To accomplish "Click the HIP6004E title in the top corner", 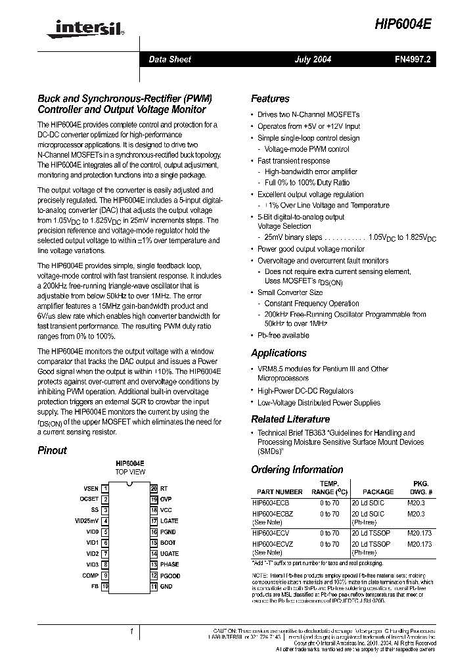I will pos(404,24).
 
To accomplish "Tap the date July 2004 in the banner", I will pos(312,59).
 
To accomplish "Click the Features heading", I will pos(270,99).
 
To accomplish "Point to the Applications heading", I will pos(279,353).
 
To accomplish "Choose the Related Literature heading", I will pos(290,419).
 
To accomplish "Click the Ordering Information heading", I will pos(297,470).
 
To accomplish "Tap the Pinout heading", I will pos(52,451).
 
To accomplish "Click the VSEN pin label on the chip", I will pos(91,489).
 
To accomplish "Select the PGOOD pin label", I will pos(170,576).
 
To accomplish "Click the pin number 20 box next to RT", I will pos(154,489).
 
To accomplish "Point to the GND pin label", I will pos(166,586).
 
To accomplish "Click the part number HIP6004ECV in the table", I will pos(271,533).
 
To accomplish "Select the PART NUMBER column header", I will pos(280,492).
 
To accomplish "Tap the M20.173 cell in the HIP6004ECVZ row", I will pos(419,544).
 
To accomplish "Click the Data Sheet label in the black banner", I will pos(169,59).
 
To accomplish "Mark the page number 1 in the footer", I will pos(132,631).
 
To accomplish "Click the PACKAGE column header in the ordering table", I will pos(378,492).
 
